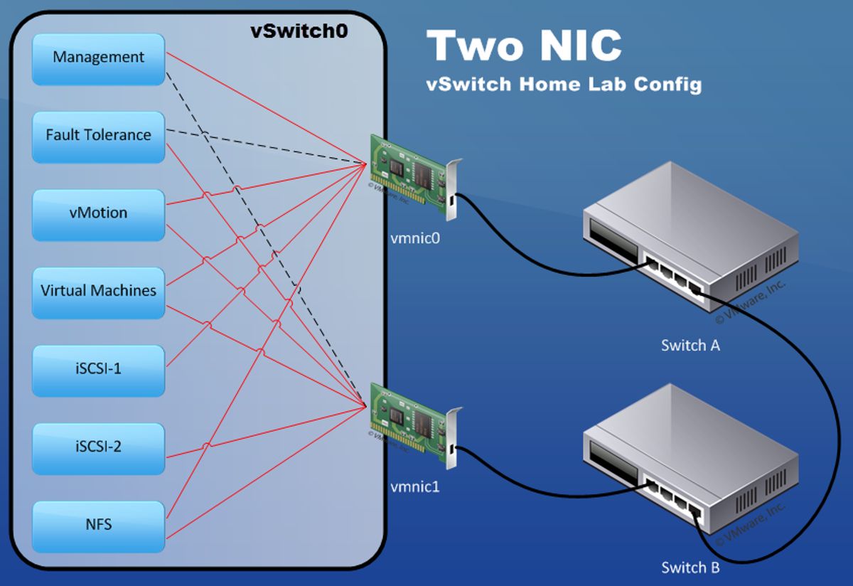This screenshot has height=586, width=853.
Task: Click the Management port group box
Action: click(99, 58)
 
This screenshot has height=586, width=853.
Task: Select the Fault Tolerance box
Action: click(99, 135)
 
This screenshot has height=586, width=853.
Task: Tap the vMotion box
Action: click(99, 213)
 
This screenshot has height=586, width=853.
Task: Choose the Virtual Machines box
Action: click(99, 291)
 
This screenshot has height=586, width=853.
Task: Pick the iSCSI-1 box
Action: click(99, 369)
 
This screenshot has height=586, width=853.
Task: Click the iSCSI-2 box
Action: click(99, 447)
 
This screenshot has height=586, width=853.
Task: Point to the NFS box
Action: click(99, 526)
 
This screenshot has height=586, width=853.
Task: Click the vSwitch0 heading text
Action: click(299, 32)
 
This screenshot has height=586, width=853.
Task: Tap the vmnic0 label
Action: click(416, 239)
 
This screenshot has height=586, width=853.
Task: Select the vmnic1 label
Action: click(415, 487)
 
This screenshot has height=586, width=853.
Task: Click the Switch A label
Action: click(690, 346)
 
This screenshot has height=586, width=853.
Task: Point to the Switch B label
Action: click(690, 568)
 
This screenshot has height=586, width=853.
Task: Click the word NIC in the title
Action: click(573, 46)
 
